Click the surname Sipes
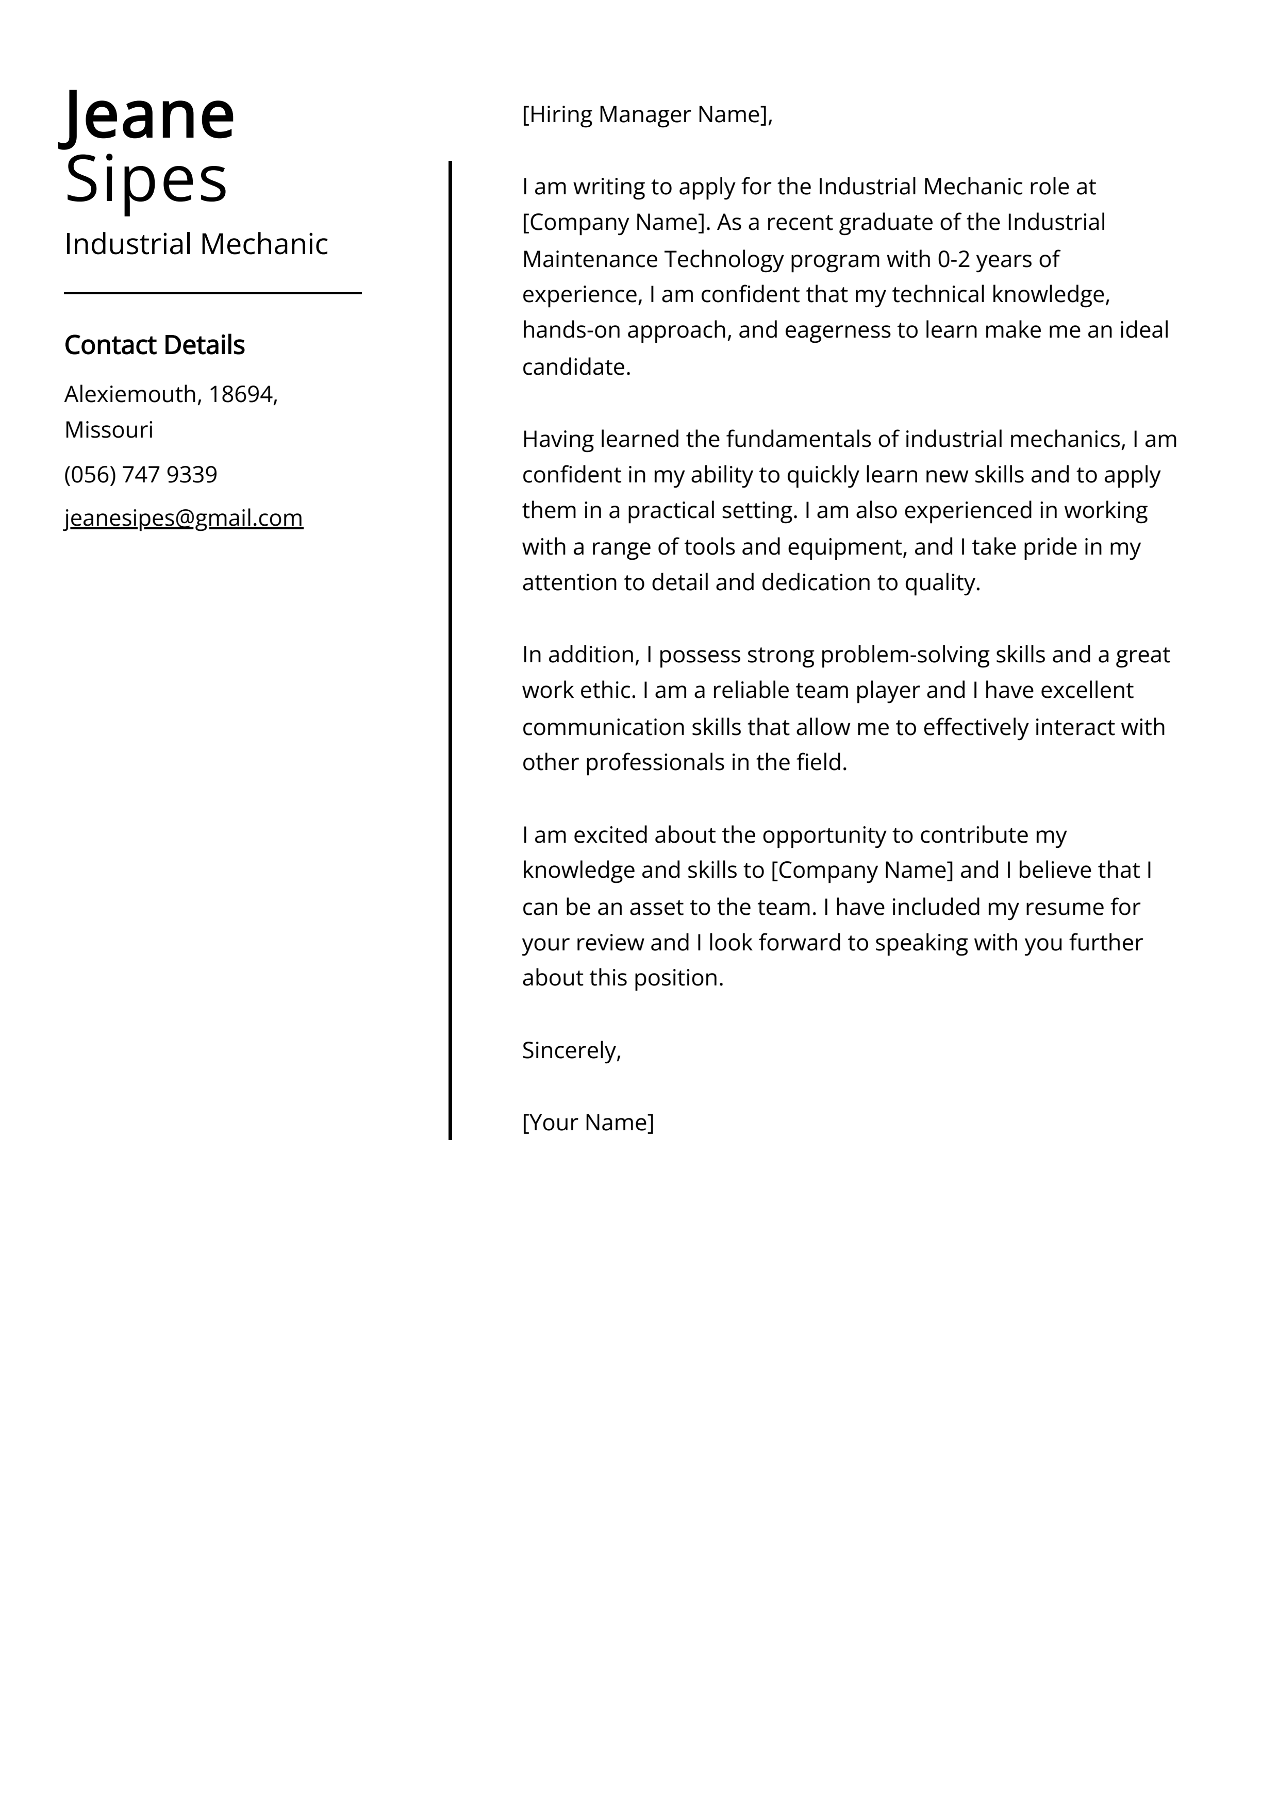pyautogui.click(x=146, y=179)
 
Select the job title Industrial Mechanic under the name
pyautogui.click(x=196, y=244)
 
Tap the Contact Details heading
pyautogui.click(x=154, y=345)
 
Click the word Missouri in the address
pyautogui.click(x=109, y=430)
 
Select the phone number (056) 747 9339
pyautogui.click(x=140, y=475)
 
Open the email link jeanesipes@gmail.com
pyautogui.click(x=184, y=518)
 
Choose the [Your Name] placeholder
pyautogui.click(x=587, y=1123)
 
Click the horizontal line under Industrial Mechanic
pyautogui.click(x=212, y=294)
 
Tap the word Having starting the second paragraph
pyautogui.click(x=557, y=439)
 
